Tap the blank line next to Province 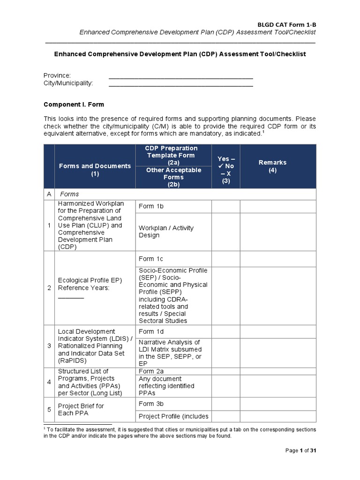(180, 77)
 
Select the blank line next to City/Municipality (180, 85)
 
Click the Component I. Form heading (74, 105)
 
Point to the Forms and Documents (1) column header (95, 170)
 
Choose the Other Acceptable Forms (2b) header (173, 177)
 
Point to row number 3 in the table (49, 346)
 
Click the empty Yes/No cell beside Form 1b (225, 206)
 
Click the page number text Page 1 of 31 (301, 450)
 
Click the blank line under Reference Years (71, 297)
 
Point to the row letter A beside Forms (49, 194)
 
